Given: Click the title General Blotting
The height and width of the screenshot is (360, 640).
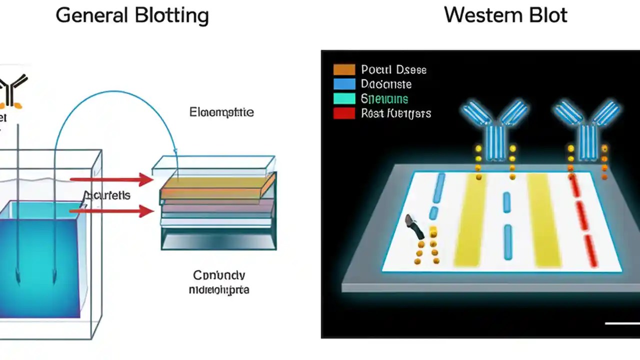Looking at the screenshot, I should click(x=132, y=15).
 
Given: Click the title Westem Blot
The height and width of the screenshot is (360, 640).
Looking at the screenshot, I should click(x=505, y=15).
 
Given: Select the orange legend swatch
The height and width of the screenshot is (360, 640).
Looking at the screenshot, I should click(x=344, y=69).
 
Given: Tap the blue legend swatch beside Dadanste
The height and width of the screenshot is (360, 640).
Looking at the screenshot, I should click(x=344, y=84).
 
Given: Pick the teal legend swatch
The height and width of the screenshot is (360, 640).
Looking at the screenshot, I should click(x=344, y=98).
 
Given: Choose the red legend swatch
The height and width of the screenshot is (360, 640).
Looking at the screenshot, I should click(x=344, y=113).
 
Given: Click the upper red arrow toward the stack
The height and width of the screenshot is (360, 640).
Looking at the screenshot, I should click(x=112, y=179).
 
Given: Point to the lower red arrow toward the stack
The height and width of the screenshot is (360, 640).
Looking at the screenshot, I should click(x=112, y=211).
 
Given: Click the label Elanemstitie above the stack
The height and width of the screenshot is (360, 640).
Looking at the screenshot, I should click(x=221, y=112).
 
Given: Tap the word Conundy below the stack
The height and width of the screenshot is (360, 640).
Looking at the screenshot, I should click(x=219, y=275).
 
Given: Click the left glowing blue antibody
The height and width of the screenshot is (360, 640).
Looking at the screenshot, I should click(x=494, y=127).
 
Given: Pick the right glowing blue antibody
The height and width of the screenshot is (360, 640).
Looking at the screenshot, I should click(x=587, y=127).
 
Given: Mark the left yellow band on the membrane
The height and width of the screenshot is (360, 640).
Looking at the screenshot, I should click(x=470, y=220).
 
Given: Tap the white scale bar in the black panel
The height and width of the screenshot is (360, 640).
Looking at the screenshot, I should click(x=621, y=323).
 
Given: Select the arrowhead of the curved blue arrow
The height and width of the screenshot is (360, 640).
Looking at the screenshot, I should click(x=175, y=150).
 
